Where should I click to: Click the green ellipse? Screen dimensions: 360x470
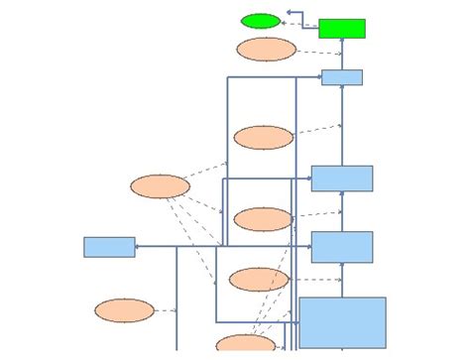pos(261,21)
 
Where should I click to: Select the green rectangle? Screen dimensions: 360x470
pos(341,28)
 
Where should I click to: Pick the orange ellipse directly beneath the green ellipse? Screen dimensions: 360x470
pos(266,49)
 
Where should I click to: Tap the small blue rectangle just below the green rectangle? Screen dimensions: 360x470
pos(341,77)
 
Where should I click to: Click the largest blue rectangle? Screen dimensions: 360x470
pos(342,322)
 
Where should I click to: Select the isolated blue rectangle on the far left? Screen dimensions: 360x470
pos(109,247)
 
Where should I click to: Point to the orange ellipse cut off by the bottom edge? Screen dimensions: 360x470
pos(245,344)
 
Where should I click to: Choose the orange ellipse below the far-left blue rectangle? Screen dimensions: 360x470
pos(125,310)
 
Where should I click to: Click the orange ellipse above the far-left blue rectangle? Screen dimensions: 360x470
pos(160,186)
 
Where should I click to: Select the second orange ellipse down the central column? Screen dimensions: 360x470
pos(263,137)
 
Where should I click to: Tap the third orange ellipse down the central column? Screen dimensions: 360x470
pos(263,218)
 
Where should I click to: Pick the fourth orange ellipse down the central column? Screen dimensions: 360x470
pos(259,280)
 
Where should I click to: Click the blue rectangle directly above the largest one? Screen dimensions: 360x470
pos(341,247)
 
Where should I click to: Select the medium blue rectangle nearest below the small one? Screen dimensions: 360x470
pos(341,179)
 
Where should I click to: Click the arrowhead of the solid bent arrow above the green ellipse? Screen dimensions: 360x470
pos(288,13)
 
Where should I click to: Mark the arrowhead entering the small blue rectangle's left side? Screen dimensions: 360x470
pos(318,77)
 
